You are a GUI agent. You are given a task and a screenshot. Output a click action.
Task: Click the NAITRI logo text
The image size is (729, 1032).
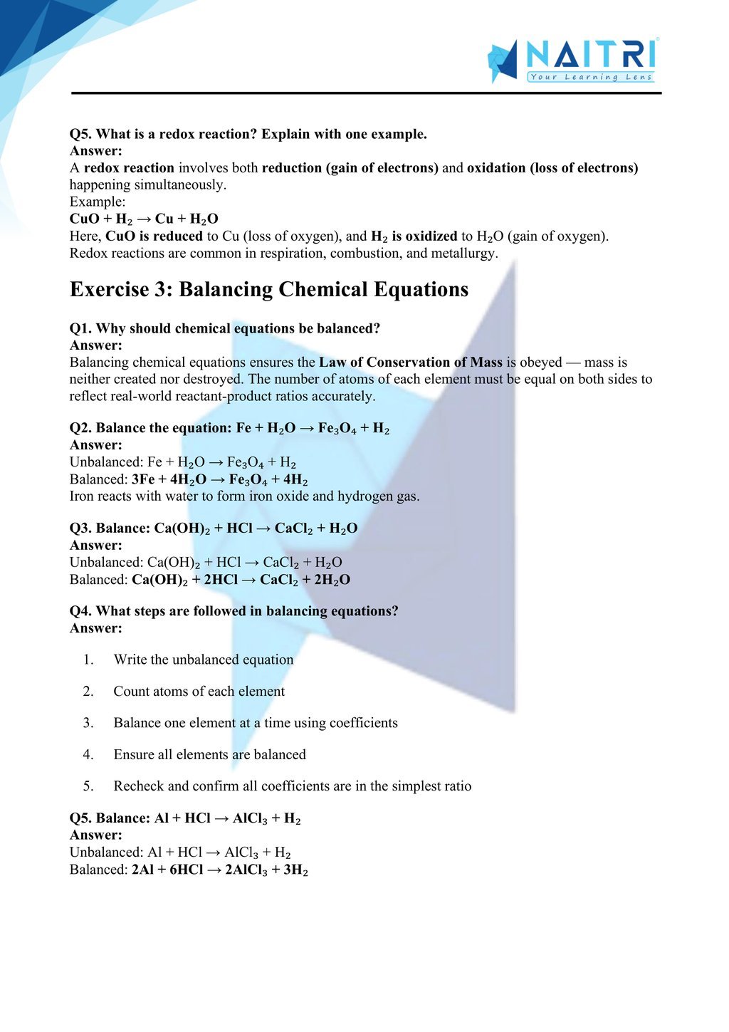pos(590,55)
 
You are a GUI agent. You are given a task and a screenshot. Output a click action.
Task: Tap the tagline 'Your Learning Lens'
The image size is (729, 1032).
pos(591,77)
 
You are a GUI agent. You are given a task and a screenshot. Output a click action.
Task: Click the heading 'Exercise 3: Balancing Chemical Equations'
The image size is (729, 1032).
pos(269,290)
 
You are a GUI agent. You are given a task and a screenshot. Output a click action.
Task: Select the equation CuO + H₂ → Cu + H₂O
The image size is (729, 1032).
pos(144,219)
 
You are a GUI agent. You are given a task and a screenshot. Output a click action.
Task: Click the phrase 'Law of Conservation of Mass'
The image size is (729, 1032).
pos(410,363)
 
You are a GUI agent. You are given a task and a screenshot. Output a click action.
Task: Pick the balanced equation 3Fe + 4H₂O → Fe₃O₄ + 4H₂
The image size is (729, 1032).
pos(219,479)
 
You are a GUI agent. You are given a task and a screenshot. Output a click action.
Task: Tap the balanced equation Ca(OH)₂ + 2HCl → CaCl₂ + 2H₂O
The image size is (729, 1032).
pos(241,580)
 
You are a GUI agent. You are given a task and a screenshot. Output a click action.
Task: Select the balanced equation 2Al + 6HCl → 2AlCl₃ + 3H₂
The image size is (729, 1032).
pos(219,870)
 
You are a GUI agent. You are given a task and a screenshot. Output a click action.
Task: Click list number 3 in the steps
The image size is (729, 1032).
pos(88,723)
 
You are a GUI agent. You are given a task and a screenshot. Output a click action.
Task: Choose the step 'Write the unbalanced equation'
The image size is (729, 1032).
pos(204,660)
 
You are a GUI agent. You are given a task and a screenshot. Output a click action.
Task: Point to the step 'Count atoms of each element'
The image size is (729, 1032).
pos(199,692)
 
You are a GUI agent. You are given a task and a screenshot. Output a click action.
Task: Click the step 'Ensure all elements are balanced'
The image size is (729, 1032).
pos(210,754)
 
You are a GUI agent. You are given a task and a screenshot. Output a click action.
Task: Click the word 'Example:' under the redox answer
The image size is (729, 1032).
pos(98,202)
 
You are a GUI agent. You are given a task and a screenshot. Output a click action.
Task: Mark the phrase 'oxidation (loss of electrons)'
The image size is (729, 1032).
pos(552,168)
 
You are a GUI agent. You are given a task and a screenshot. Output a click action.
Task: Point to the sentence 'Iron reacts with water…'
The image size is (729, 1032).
pos(244,496)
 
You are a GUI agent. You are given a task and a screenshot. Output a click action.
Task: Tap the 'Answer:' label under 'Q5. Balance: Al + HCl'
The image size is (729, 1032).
pos(96,835)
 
